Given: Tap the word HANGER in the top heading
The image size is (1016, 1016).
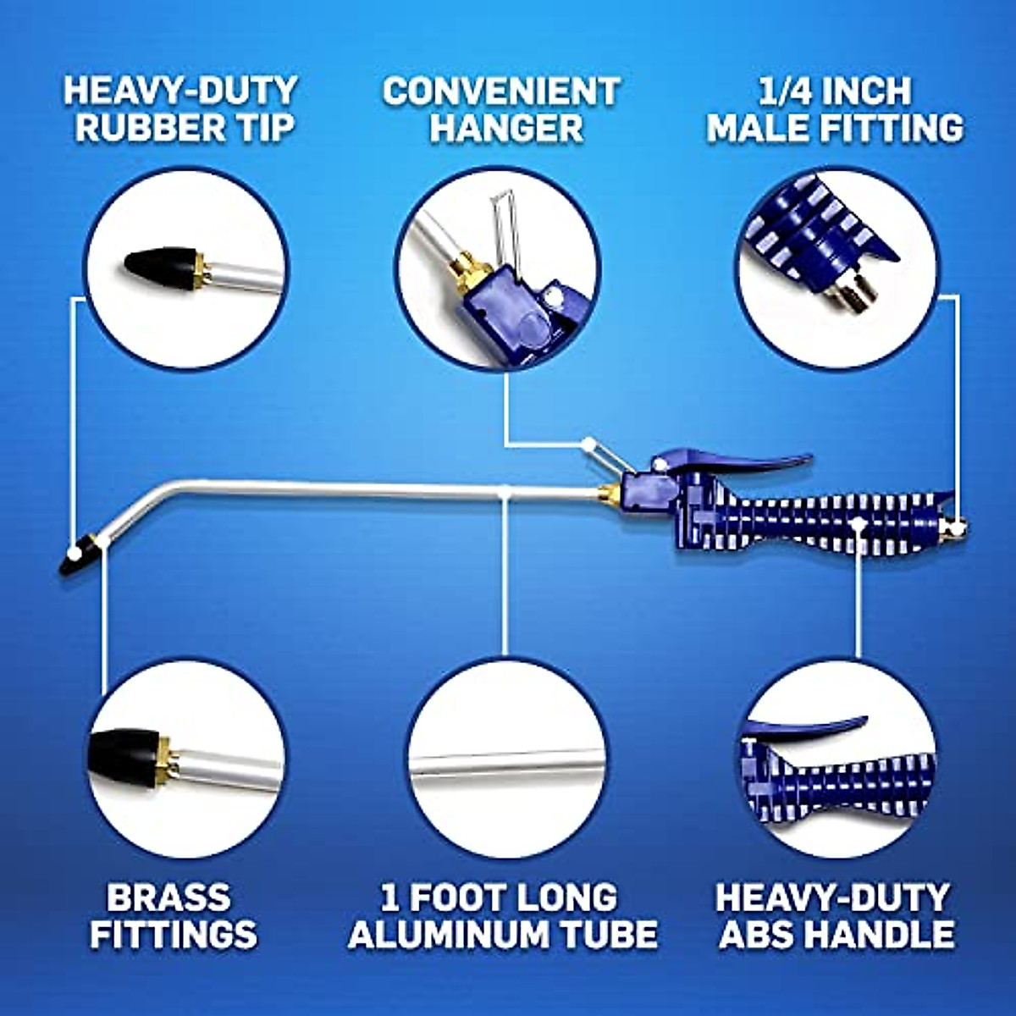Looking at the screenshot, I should click(505, 127).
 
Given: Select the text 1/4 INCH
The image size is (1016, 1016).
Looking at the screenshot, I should click(835, 90).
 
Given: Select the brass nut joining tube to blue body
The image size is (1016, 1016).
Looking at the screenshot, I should click(608, 494).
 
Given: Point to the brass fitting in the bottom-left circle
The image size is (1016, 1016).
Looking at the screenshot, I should click(170, 756).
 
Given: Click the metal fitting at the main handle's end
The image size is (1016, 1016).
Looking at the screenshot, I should click(953, 529).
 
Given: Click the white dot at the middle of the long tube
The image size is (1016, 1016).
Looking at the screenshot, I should click(505, 490).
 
